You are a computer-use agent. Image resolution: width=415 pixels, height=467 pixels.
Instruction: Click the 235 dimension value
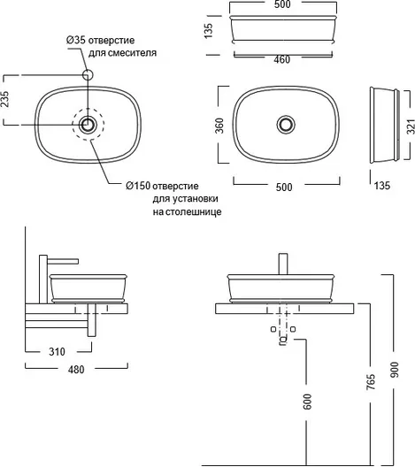(5, 99)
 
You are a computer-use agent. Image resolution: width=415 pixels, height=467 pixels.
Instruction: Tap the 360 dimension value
(219, 126)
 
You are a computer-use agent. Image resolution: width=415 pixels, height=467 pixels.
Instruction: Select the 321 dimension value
(411, 126)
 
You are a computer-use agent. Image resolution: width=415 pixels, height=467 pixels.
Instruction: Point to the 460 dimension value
(282, 59)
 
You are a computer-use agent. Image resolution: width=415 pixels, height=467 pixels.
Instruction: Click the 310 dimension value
(57, 352)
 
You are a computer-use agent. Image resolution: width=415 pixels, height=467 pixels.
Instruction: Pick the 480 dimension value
(76, 370)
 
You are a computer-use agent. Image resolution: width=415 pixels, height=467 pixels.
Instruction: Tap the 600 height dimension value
(307, 402)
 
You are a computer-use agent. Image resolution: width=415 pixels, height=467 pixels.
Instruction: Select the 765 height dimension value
(371, 382)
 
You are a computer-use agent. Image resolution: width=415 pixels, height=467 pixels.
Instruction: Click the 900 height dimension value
(394, 370)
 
